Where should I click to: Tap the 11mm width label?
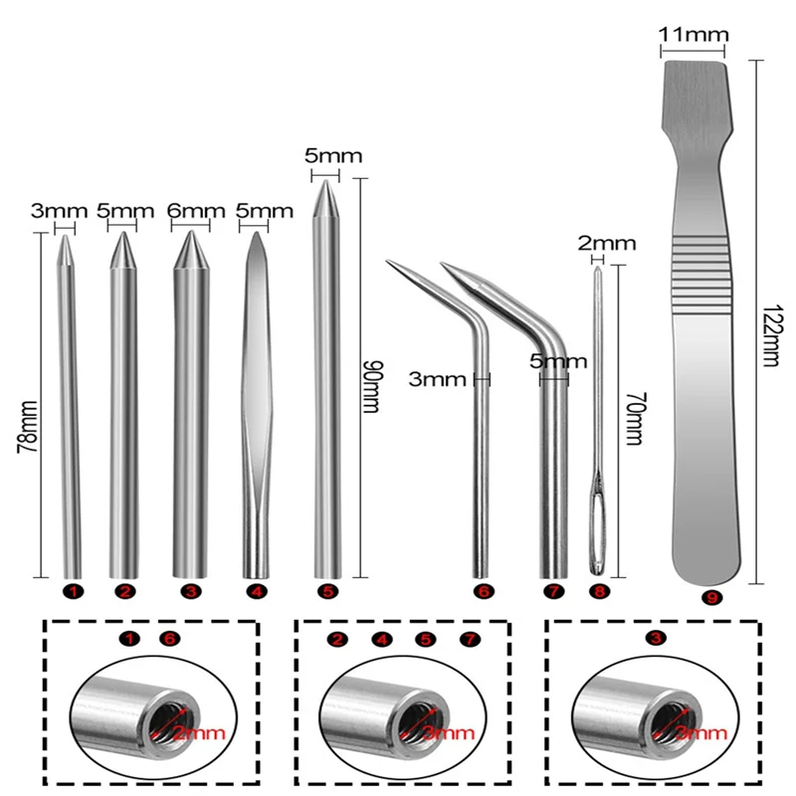point(693,36)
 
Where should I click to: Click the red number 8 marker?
point(598,592)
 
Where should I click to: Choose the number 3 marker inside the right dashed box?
point(655,638)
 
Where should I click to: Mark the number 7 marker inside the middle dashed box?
point(471,638)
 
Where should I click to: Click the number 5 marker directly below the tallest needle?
point(325,592)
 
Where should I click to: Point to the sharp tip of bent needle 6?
point(387,262)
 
